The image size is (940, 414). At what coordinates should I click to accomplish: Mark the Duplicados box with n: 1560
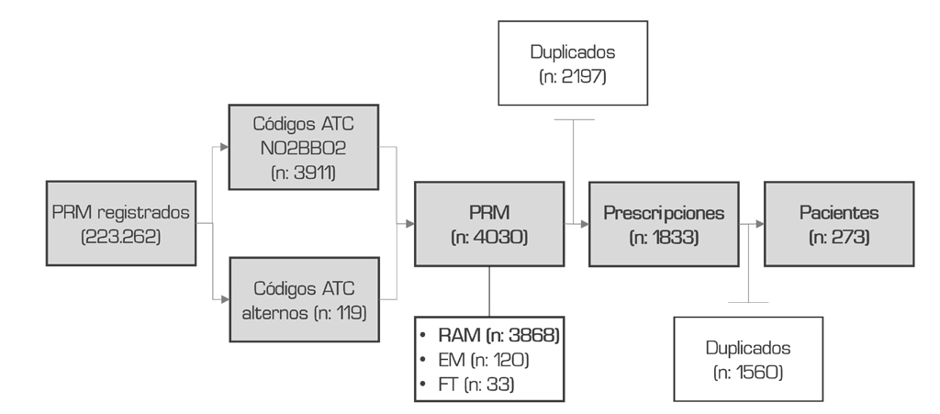tap(748, 359)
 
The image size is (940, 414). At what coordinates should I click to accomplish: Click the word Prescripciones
tap(664, 212)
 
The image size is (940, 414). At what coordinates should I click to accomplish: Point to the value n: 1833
tap(664, 237)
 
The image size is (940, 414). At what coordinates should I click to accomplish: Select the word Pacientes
tap(839, 212)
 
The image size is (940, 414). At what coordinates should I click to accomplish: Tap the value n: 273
tap(839, 237)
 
